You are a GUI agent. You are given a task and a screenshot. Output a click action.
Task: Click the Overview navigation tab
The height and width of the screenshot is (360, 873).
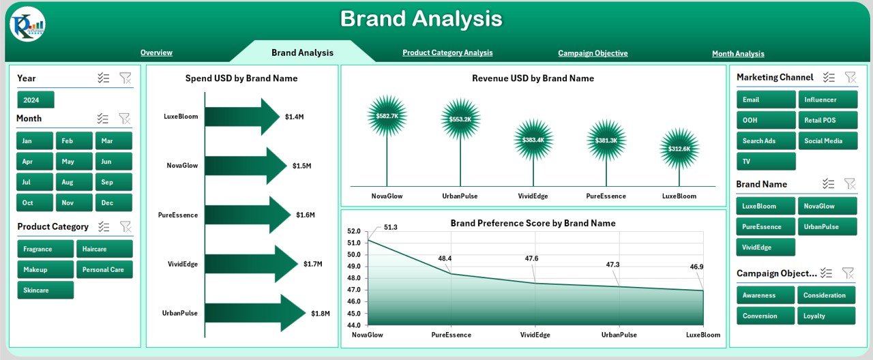point(156,52)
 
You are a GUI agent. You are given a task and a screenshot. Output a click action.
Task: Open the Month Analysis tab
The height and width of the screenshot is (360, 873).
point(738,53)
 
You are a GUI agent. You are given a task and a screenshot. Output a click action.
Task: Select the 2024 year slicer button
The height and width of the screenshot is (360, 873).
point(35,100)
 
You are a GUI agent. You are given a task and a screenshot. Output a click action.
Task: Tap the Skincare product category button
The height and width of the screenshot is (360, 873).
point(45,290)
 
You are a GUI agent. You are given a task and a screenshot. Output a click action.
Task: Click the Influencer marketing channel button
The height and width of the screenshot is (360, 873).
point(827,100)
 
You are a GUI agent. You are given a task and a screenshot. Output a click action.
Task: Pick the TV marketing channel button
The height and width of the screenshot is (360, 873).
point(766,162)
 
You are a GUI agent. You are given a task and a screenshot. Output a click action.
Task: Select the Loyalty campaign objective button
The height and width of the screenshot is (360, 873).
point(827,316)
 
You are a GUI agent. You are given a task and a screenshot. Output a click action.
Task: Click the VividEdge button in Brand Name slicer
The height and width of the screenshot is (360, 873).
point(766,247)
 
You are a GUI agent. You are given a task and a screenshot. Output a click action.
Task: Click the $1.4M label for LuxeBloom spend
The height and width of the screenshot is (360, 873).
point(294,117)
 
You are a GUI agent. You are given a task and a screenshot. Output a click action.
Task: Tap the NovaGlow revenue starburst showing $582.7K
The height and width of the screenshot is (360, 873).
point(387,116)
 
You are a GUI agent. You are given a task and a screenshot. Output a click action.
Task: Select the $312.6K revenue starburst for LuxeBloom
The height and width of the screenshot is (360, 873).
point(679,149)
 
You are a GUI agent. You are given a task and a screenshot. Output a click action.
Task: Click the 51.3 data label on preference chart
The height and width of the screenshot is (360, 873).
point(390,227)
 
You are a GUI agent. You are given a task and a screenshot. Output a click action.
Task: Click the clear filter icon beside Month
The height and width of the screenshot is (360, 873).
point(125,119)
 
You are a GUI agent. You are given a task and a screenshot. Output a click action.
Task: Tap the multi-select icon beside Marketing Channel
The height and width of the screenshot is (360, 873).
point(829,78)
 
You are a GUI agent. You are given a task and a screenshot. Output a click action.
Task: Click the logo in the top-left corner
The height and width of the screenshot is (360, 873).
point(27,25)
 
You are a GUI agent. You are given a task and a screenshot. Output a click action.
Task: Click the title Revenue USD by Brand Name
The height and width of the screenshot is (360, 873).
point(533,78)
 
